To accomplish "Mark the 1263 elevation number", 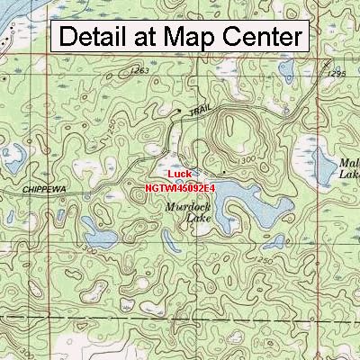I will pos(139,70).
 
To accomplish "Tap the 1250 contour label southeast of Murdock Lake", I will pos(264,258).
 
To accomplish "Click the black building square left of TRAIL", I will pos(179,112).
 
